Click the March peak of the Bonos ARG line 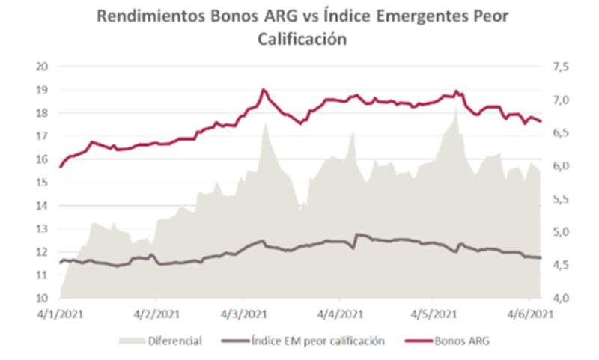coord(264,90)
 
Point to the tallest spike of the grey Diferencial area coord(456,104)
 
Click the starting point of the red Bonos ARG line coord(60,167)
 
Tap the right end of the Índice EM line coord(540,258)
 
